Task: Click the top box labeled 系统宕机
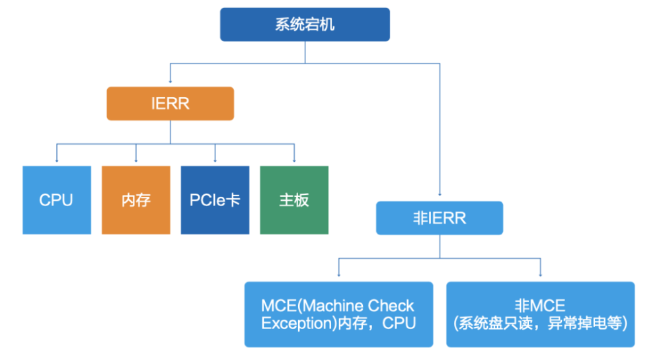point(305,24)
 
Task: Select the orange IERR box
point(171,104)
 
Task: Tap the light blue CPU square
point(57,200)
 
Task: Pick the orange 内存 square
point(136,200)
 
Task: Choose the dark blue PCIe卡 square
point(215,200)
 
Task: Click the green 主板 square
point(294,200)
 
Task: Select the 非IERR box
point(440,218)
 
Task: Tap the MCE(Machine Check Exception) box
point(339,314)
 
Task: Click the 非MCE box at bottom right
point(541,314)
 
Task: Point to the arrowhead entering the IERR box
point(171,81)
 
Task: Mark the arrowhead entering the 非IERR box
point(440,194)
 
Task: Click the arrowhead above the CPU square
point(57,161)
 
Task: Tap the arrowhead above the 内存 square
point(136,161)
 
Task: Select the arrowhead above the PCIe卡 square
point(215,161)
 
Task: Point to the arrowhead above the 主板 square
point(294,161)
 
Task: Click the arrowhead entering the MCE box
point(339,275)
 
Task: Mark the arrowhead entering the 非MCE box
point(541,275)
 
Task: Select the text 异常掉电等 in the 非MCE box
point(584,324)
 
